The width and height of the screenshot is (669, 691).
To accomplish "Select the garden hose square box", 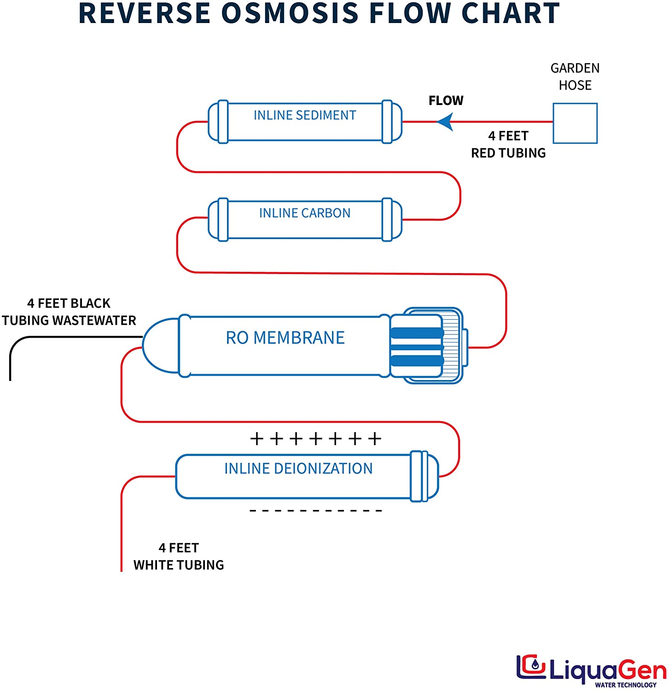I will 575,123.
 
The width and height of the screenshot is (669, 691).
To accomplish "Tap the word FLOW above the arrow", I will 446,100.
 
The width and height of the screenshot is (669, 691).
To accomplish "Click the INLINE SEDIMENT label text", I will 305,115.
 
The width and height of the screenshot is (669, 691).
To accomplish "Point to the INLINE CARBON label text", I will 305,213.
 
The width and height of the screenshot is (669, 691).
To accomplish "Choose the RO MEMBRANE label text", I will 285,338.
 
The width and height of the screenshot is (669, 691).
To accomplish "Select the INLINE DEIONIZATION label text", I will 298,468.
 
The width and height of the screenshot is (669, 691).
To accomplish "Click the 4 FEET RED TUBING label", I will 508,144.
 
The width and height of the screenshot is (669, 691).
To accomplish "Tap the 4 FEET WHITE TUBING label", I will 179,556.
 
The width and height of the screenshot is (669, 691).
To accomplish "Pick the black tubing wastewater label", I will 69,312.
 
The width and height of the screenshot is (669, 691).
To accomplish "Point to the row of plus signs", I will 316,439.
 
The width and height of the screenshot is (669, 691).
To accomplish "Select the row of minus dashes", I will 316,510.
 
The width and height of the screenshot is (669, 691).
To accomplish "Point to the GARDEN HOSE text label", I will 575,76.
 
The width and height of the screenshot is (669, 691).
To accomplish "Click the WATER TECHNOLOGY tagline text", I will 625,685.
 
